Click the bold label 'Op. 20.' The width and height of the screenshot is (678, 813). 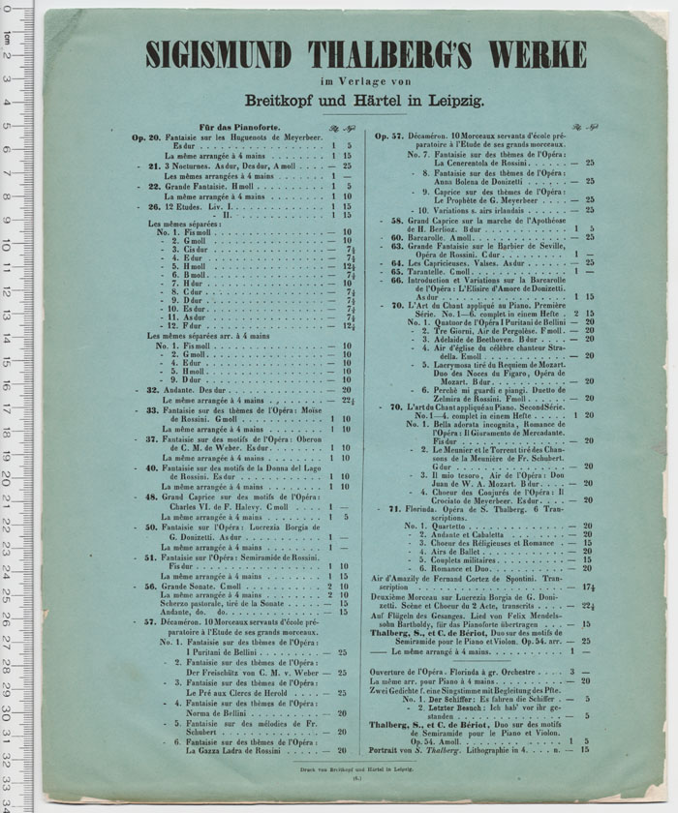coord(146,137)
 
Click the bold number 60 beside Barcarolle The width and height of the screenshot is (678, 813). coord(396,237)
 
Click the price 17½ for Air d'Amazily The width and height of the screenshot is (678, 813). coord(588,587)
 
